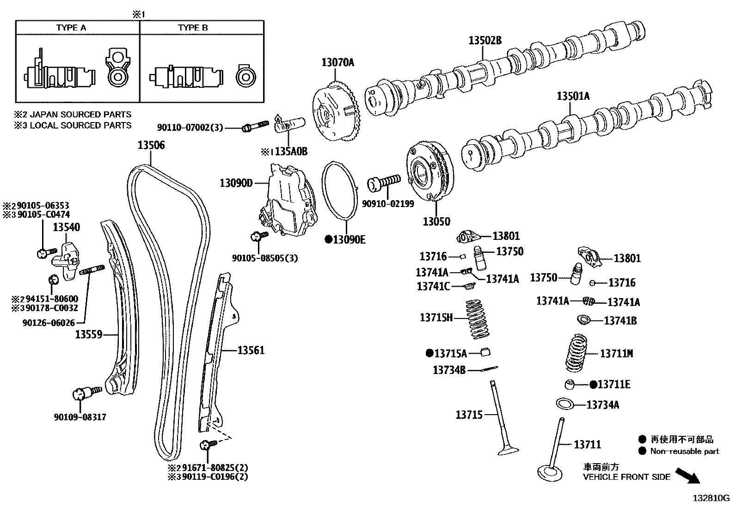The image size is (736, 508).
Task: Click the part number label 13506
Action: click(x=151, y=146)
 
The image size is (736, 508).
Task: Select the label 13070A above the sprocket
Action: click(x=337, y=62)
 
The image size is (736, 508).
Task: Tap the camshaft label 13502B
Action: click(x=485, y=41)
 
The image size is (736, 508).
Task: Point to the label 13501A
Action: click(x=573, y=96)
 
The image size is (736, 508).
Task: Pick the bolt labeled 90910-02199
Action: click(x=383, y=183)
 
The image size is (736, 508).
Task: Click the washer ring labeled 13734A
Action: click(x=564, y=404)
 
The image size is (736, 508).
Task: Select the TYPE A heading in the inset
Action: click(x=71, y=28)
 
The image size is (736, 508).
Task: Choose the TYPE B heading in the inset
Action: click(x=193, y=28)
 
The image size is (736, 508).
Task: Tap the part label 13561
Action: click(x=251, y=350)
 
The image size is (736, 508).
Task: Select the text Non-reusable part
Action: click(x=684, y=451)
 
